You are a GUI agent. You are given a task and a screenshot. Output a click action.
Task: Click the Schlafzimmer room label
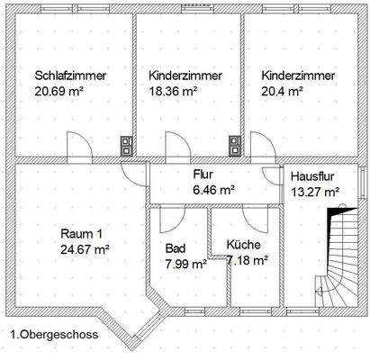(x=71, y=76)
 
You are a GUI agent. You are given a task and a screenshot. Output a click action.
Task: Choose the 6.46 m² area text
(x=213, y=190)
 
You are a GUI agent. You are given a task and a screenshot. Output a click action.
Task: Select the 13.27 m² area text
(x=313, y=191)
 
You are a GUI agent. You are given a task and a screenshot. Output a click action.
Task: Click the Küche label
(x=243, y=244)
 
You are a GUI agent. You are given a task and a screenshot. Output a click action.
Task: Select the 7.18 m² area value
(x=248, y=260)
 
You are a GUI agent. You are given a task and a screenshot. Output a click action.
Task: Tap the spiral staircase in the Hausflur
(x=334, y=261)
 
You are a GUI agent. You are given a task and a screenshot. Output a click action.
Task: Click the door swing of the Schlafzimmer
(x=79, y=146)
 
